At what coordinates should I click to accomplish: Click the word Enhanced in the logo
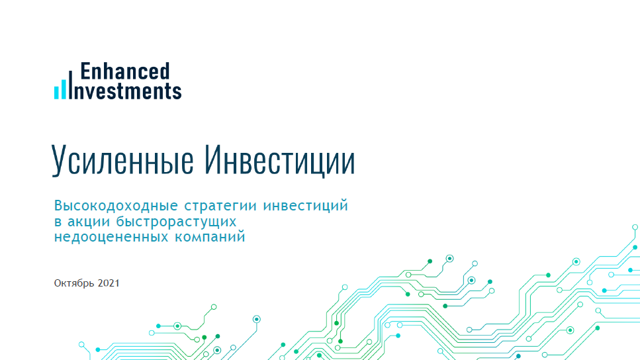pos(125,71)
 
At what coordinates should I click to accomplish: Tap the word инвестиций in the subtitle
pos(306,205)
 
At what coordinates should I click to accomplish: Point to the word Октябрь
pos(73,283)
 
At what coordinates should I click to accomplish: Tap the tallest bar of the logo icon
pos(69,84)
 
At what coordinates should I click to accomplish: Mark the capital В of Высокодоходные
pos(58,205)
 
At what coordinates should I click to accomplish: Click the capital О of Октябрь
pos(58,283)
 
